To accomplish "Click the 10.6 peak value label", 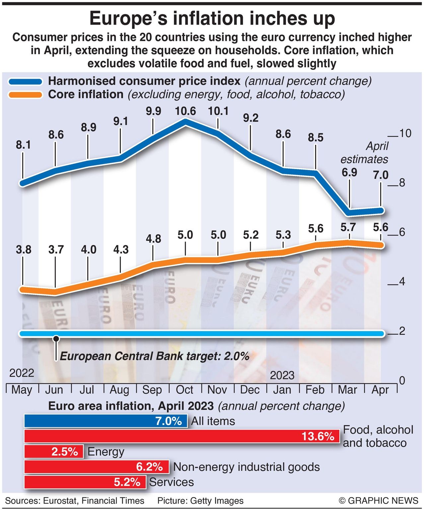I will click(x=185, y=111).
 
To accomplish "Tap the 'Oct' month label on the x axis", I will click(x=184, y=389).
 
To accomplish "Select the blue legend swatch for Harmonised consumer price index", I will click(x=26, y=82).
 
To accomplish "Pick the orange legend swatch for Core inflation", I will click(x=26, y=95).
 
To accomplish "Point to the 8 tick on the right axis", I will click(x=402, y=183).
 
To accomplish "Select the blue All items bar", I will click(x=106, y=421).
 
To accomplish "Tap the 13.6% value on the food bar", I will click(x=318, y=436).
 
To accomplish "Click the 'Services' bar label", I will click(x=171, y=482).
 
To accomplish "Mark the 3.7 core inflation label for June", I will click(x=56, y=249).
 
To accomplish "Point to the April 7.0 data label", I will click(x=381, y=175).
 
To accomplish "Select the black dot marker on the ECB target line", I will click(x=56, y=339).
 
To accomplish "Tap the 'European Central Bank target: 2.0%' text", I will click(x=154, y=356).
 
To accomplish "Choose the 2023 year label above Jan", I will click(x=282, y=375).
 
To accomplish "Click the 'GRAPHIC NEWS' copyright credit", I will click(x=379, y=501).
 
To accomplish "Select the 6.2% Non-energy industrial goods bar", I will click(x=96, y=467).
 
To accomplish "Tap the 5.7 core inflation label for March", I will click(x=348, y=227).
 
